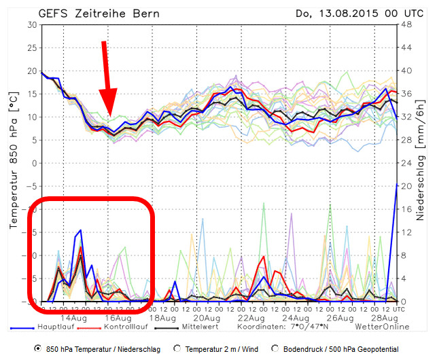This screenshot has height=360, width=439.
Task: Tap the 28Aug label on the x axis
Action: (x=385, y=317)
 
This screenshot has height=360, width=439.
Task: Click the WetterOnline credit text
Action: (x=377, y=327)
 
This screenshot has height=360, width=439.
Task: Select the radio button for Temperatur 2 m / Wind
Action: (x=178, y=348)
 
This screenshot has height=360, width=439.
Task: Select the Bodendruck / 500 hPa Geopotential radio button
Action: (x=276, y=348)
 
